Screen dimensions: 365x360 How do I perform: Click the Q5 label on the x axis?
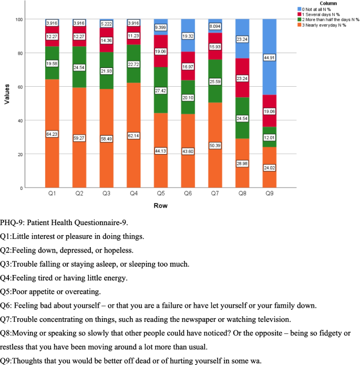[x=161, y=194]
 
